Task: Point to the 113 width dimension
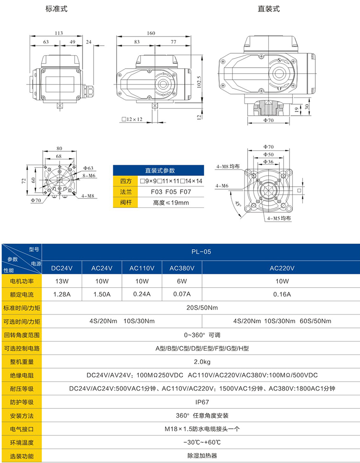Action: [59, 33]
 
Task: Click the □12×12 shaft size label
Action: [132, 119]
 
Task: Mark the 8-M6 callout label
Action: [90, 176]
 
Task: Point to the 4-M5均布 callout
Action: [279, 218]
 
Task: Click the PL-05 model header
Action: [201, 251]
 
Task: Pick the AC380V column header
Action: [182, 268]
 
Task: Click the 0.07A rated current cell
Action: [182, 294]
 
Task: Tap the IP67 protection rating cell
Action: [201, 402]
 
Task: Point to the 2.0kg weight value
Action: [201, 362]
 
